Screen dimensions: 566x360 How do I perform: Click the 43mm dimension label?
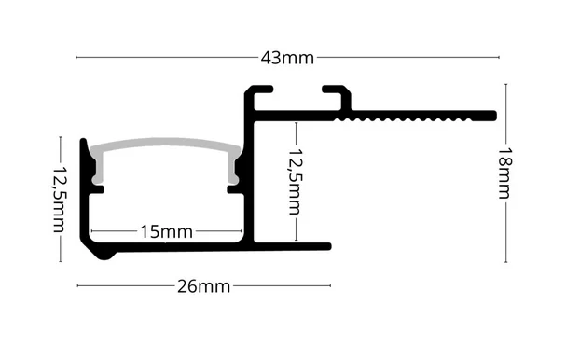pyautogui.click(x=287, y=58)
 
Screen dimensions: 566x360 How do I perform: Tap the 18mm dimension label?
pyautogui.click(x=504, y=173)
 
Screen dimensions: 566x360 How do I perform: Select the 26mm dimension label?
pyautogui.click(x=203, y=286)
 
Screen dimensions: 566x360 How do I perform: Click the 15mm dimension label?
pyautogui.click(x=166, y=232)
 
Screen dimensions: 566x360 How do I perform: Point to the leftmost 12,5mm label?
pyautogui.click(x=60, y=200)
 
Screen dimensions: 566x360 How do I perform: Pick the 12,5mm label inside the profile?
pyautogui.click(x=295, y=182)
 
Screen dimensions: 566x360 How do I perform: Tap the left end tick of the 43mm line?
pyautogui.click(x=76, y=57)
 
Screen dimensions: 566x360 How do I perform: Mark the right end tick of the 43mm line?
pyautogui.click(x=499, y=57)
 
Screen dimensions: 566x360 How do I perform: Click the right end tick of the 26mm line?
pyautogui.click(x=330, y=285)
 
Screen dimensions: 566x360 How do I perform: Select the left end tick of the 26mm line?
pyautogui.click(x=77, y=285)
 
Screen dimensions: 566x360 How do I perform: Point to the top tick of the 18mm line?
pyautogui.click(x=505, y=84)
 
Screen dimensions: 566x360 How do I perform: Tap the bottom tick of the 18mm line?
pyautogui.click(x=505, y=262)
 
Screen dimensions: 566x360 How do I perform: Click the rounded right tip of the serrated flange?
pyautogui.click(x=494, y=116)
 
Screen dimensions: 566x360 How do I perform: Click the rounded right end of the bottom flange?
pyautogui.click(x=328, y=246)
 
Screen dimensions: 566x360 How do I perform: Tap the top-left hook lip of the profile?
pyautogui.click(x=263, y=90)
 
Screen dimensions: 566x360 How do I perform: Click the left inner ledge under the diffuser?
pyautogui.click(x=97, y=189)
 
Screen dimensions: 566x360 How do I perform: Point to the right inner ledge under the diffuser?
pyautogui.click(x=234, y=189)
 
